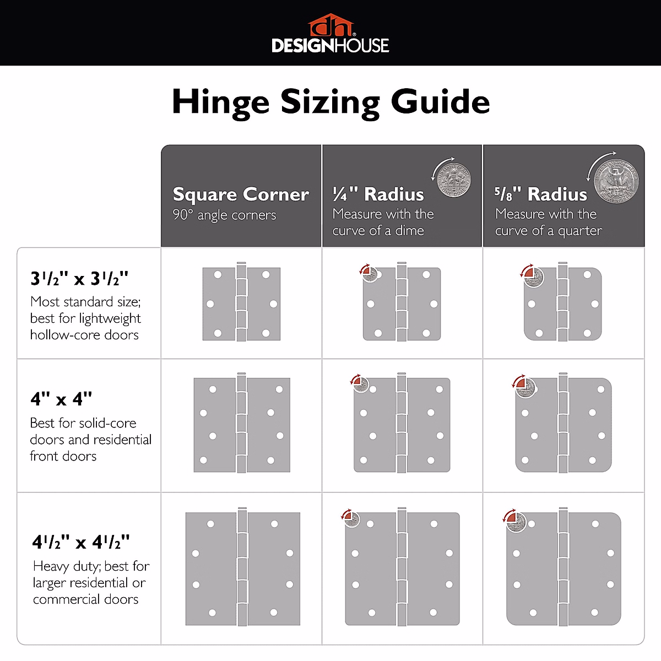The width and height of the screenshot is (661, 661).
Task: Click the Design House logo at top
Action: [x=330, y=34]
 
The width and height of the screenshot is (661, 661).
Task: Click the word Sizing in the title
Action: [x=330, y=103]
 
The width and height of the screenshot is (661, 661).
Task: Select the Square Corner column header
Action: [x=241, y=194]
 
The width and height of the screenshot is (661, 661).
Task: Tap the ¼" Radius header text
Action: [x=378, y=194]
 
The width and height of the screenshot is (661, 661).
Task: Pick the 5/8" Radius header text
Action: [x=540, y=194]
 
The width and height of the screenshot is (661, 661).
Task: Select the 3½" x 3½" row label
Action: [x=79, y=279]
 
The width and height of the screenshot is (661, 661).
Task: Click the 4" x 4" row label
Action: [x=61, y=399]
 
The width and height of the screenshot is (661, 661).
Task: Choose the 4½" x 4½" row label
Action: [x=81, y=543]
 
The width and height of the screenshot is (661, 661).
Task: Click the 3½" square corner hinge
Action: [x=241, y=304]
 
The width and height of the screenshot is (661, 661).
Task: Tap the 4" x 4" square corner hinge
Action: [x=241, y=425]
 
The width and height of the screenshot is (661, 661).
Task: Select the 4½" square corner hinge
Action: [x=242, y=568]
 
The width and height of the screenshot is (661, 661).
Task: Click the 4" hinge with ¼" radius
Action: [x=402, y=425]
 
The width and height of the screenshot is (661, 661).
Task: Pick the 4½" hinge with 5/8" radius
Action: [x=563, y=568]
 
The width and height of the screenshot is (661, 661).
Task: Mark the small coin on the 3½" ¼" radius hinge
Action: [x=369, y=274]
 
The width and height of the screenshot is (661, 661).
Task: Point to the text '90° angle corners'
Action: [x=224, y=215]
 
